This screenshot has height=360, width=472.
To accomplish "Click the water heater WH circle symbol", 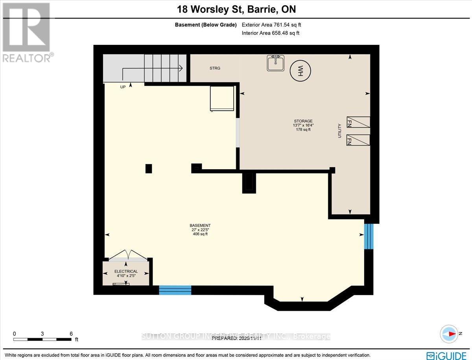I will pos(300,71).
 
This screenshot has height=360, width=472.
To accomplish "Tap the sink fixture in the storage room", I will pos(276,63).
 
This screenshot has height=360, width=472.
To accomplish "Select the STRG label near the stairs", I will pos(215,68).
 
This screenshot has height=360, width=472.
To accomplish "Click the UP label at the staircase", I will pos(123,87).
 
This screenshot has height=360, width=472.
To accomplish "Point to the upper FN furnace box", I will pos(358,122).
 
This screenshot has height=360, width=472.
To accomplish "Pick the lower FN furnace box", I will pos(358,140).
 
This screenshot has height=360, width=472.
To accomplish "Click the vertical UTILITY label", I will pos(339,131).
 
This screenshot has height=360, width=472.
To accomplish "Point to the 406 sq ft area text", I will pos(200,234).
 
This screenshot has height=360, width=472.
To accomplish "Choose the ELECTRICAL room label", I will pos(126,271).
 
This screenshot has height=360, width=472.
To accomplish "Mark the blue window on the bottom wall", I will pos(175,290).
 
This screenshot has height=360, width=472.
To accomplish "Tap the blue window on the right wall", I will pos(368,236).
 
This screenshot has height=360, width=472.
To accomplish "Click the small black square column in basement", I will pos(148,168).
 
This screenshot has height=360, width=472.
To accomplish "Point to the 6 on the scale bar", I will pos(71,334).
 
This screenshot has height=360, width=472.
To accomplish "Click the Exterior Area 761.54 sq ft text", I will pos(271,25).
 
